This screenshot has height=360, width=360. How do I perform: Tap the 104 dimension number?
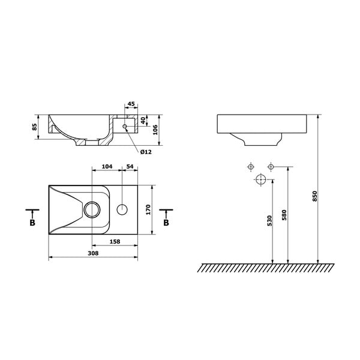coord(107,166)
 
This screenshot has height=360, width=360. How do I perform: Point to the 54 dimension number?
coord(130,166)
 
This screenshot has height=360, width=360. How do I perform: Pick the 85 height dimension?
coord(35,127)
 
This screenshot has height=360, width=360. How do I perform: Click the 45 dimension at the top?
coord(131,103)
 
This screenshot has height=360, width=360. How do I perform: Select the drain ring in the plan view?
coord(92,209)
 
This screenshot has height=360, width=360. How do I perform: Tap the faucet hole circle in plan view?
coord(122,209)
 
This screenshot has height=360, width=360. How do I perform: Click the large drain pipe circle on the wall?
coord(261,179)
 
